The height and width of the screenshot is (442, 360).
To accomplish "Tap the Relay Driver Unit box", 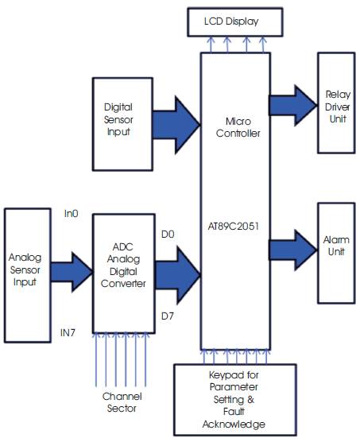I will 338,103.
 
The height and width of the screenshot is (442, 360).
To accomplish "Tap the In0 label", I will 71,214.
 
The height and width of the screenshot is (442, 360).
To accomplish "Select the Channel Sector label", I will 121,401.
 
